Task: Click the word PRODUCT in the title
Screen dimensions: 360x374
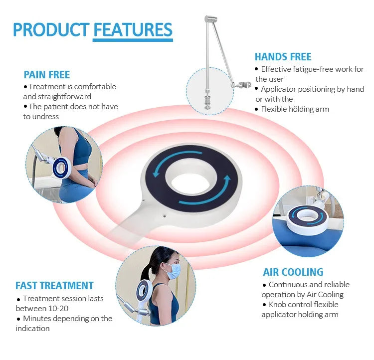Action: [x=51, y=29]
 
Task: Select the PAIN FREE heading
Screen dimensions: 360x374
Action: [x=47, y=75]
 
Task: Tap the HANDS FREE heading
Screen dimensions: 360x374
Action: [x=283, y=57]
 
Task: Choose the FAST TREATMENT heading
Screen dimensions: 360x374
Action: [x=54, y=286]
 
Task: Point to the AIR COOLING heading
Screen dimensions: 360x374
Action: [x=293, y=272]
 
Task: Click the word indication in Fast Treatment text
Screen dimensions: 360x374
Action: [x=33, y=329]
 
